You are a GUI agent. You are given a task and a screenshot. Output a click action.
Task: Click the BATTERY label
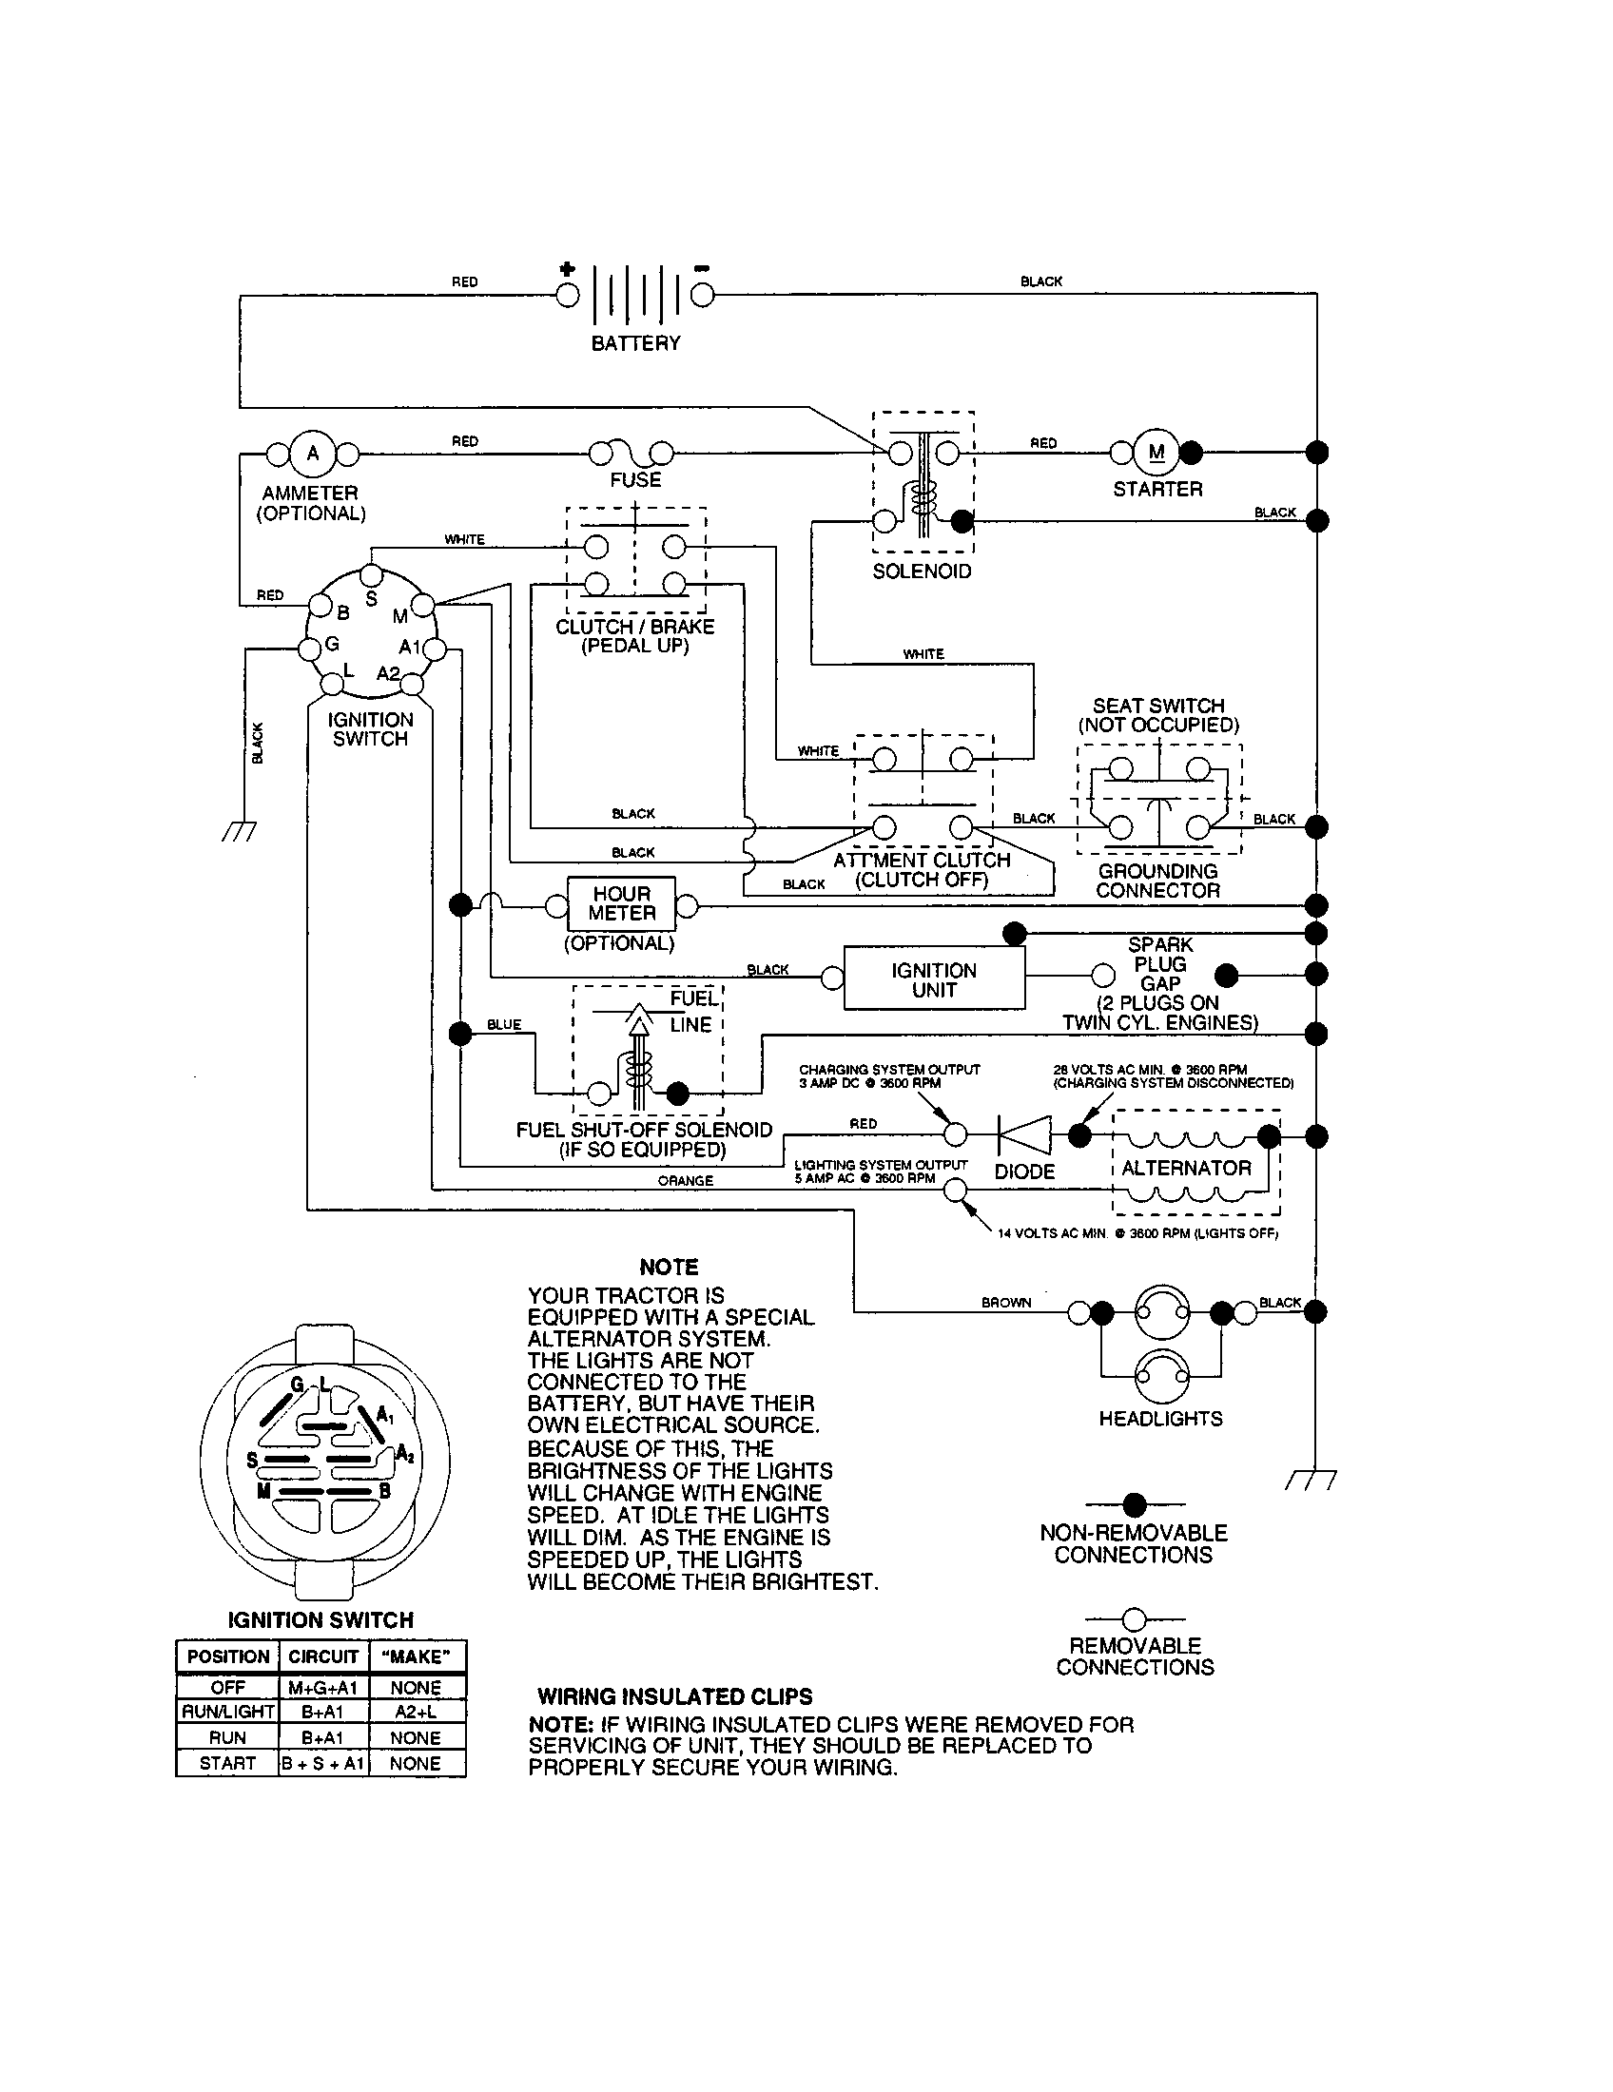tap(635, 343)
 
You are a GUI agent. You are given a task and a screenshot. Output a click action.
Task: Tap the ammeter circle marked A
tap(311, 453)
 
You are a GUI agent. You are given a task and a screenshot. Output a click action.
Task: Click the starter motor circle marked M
tap(1156, 452)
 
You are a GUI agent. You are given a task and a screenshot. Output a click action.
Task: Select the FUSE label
tap(635, 480)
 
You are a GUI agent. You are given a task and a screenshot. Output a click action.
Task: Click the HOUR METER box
tap(622, 903)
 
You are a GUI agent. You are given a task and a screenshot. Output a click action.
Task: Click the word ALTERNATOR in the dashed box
tap(1186, 1168)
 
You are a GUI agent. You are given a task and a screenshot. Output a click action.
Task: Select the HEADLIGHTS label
tap(1160, 1419)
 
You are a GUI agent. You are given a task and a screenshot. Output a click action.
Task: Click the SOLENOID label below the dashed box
tap(922, 571)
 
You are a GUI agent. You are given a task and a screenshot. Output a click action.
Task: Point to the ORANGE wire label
tap(685, 1180)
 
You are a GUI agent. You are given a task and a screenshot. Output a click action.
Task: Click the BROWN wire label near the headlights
tap(1005, 1303)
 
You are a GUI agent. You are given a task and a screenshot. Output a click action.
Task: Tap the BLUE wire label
tap(504, 1024)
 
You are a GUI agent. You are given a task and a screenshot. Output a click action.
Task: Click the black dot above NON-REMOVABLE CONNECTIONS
tap(1134, 1505)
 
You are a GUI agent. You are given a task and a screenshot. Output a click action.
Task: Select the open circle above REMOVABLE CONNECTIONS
tap(1134, 1619)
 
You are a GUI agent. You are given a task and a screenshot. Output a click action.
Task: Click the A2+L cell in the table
tap(416, 1712)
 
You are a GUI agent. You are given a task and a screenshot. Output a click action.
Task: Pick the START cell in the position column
tap(227, 1763)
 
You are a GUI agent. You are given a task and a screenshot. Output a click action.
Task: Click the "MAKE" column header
tap(416, 1656)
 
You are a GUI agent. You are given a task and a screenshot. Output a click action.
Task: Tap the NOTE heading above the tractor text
tap(669, 1268)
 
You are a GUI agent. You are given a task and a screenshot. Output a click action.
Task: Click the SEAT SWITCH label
tap(1158, 705)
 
